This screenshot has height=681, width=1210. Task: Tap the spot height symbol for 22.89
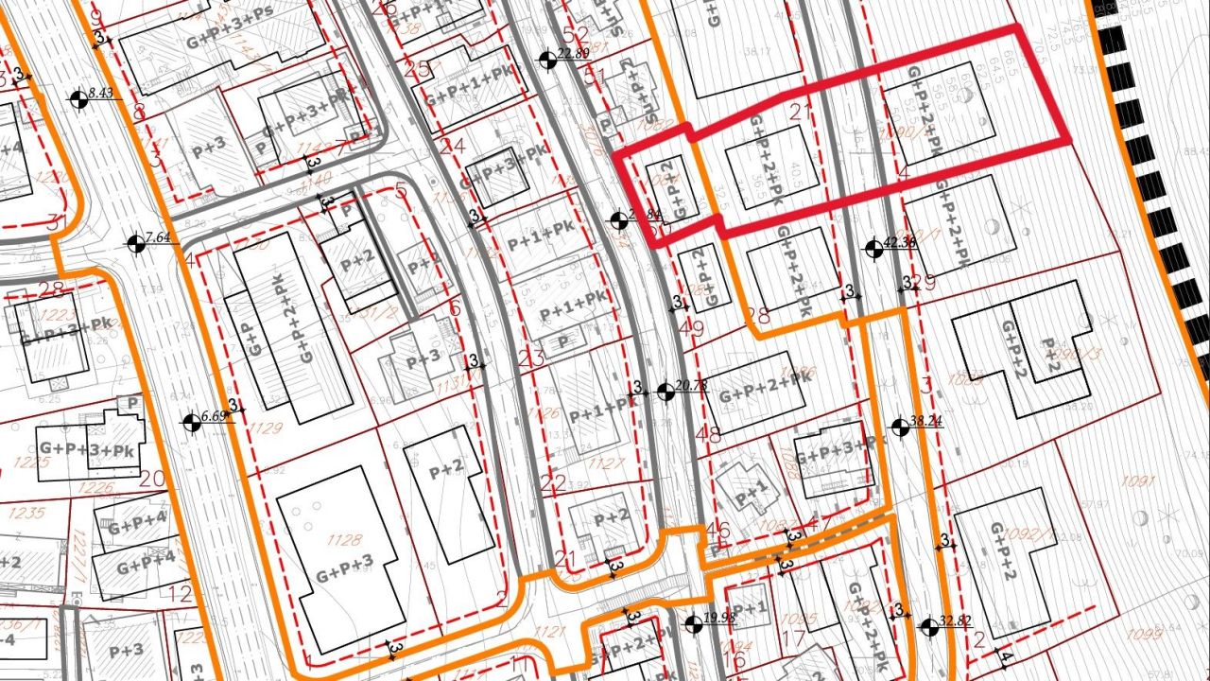(x=546, y=60)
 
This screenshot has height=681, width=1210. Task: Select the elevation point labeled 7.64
(x=135, y=243)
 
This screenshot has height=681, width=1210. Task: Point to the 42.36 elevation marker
(x=873, y=249)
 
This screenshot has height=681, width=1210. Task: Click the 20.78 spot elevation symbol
(x=665, y=391)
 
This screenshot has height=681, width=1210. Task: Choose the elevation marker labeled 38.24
(x=899, y=428)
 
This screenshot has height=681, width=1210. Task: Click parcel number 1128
(x=344, y=540)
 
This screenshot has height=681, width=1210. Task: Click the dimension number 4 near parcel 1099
(x=1008, y=658)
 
